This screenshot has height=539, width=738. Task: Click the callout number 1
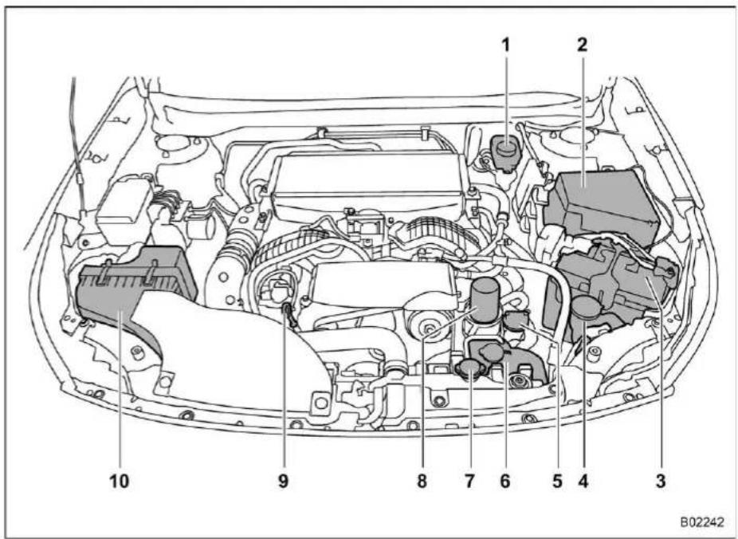coord(505,45)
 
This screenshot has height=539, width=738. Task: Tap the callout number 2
coord(583,45)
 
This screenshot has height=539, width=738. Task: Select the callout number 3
coord(661,481)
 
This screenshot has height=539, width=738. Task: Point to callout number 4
coord(583,481)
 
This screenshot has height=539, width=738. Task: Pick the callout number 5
coord(558,481)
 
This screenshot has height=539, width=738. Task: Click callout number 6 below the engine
coord(505,481)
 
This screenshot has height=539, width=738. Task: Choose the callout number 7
coord(469,481)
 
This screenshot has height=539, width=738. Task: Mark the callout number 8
coord(422,481)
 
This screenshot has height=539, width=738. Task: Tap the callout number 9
coord(283,481)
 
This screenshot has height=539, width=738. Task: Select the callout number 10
coord(119,481)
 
